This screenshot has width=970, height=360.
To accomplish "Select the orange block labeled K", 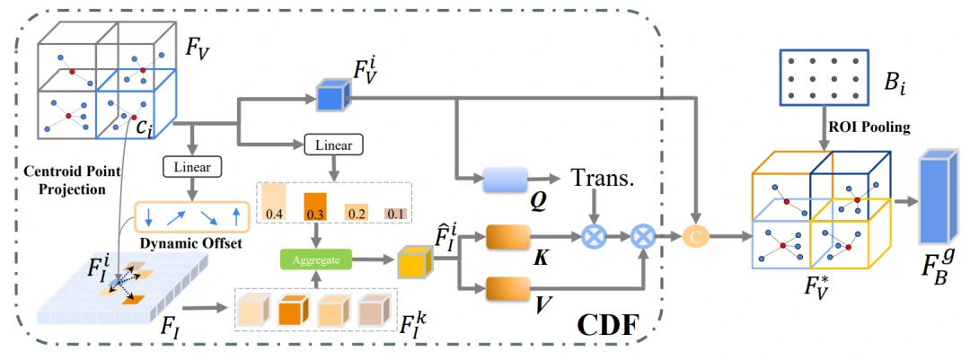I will (508, 237).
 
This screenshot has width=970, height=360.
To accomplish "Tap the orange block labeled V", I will (508, 288).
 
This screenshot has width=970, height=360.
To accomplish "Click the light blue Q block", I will (508, 180).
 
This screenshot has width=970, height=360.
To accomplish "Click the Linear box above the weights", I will (334, 145).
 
